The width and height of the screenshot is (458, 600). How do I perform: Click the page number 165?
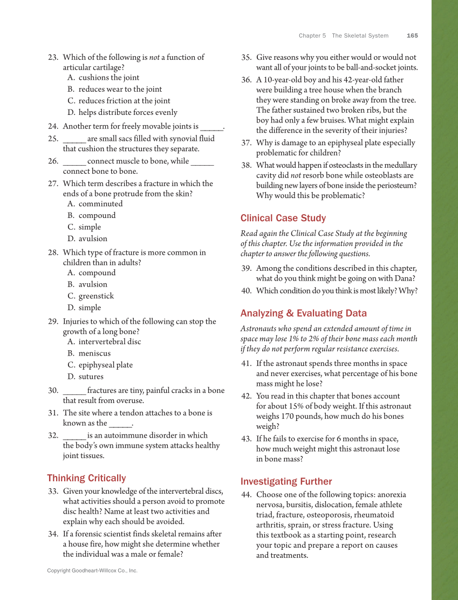point(412,36)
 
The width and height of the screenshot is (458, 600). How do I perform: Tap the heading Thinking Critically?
point(86,478)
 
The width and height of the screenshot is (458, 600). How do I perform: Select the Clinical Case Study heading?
point(283,218)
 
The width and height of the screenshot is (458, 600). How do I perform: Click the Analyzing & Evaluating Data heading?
point(303,313)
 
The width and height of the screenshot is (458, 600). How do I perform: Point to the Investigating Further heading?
point(286,481)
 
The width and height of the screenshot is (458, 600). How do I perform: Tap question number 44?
point(247,494)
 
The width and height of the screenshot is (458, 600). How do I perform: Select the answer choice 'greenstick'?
point(96,296)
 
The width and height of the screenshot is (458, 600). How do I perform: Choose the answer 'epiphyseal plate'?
point(105,365)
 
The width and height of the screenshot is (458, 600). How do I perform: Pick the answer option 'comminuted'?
point(100,203)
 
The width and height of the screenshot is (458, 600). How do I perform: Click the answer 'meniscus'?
point(94,353)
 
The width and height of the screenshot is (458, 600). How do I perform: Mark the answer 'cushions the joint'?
point(108,77)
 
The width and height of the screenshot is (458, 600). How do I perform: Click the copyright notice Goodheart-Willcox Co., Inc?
point(92,570)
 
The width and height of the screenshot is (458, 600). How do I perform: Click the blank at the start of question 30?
point(74,391)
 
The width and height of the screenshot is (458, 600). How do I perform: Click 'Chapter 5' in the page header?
point(312,36)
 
